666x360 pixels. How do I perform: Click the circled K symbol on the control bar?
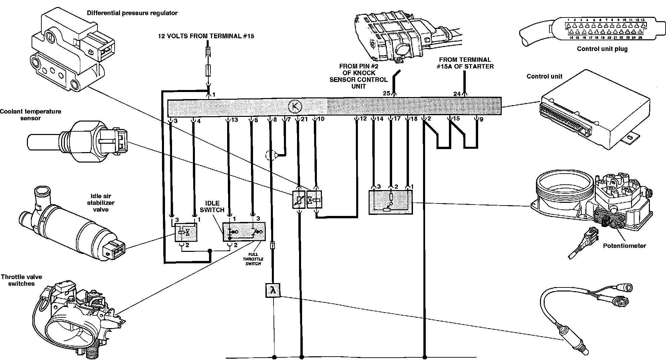click(295, 107)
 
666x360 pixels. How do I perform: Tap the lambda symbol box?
click(273, 290)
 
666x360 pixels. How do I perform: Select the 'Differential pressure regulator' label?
click(132, 13)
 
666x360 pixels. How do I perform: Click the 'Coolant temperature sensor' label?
click(30, 115)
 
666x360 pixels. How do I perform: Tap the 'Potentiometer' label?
click(624, 246)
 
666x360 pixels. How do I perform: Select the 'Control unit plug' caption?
click(602, 49)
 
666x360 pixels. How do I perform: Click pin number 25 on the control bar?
click(386, 93)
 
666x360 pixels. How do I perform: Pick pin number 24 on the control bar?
click(457, 94)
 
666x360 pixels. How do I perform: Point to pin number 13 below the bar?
click(235, 120)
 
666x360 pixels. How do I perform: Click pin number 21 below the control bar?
click(304, 119)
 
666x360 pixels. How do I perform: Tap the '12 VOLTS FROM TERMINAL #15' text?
click(206, 36)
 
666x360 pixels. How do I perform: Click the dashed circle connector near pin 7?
click(270, 155)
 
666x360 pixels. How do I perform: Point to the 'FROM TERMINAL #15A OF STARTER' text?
click(465, 63)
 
